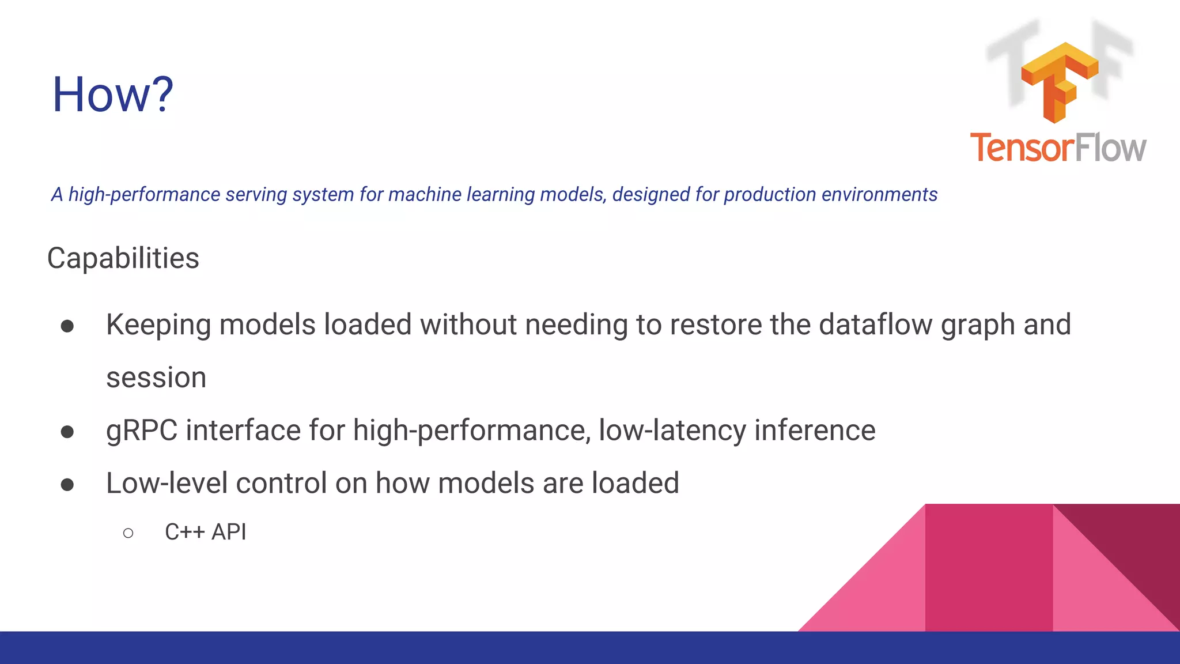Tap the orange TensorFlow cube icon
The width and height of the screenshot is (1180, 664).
pyautogui.click(x=1059, y=81)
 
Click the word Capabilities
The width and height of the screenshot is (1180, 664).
pyautogui.click(x=123, y=258)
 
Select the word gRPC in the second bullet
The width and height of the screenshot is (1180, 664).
pyautogui.click(x=142, y=431)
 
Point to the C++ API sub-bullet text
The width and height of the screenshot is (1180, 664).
pyautogui.click(x=205, y=531)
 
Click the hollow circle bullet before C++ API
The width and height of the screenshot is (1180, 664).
pyautogui.click(x=128, y=533)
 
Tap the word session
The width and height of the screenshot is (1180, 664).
pyautogui.click(x=156, y=378)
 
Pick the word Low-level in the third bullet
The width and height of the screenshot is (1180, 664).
pyautogui.click(x=167, y=483)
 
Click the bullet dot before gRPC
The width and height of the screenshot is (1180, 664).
pyautogui.click(x=67, y=432)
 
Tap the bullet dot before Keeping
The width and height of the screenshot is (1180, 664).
pyautogui.click(x=67, y=326)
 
